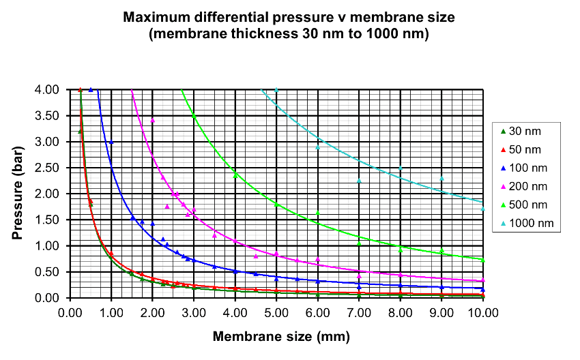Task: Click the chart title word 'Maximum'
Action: click(x=157, y=16)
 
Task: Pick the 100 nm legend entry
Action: click(x=530, y=167)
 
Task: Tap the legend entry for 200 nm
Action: click(x=530, y=185)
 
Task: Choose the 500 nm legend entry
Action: click(x=530, y=204)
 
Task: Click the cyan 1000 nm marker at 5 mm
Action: click(x=276, y=90)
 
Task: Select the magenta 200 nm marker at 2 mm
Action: click(x=153, y=121)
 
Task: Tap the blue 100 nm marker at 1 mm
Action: click(x=111, y=142)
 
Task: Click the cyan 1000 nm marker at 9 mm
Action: click(x=441, y=179)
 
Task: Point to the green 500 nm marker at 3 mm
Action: click(x=194, y=117)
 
